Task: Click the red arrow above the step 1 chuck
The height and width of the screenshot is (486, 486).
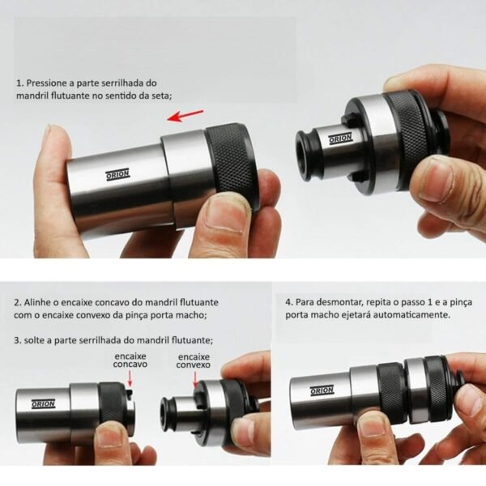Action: pyautogui.click(x=185, y=116)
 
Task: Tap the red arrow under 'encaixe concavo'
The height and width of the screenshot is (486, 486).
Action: pyautogui.click(x=130, y=378)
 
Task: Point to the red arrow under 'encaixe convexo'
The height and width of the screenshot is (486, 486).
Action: pyautogui.click(x=195, y=379)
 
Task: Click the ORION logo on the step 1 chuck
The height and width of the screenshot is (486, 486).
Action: pyautogui.click(x=117, y=175)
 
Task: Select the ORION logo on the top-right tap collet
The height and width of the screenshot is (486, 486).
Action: pyautogui.click(x=341, y=139)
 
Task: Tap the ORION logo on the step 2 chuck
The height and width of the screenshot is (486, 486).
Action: pyautogui.click(x=44, y=404)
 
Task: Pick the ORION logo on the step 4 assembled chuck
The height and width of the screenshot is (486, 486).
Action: pyautogui.click(x=322, y=390)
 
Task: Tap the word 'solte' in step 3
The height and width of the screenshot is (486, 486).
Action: pyautogui.click(x=34, y=340)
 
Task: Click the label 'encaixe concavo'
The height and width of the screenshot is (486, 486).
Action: pyautogui.click(x=130, y=360)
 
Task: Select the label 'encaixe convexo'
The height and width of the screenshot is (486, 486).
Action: pyautogui.click(x=193, y=360)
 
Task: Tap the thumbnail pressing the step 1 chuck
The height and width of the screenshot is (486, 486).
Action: pyautogui.click(x=226, y=214)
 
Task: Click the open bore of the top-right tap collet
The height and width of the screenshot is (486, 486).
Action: pyautogui.click(x=305, y=156)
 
